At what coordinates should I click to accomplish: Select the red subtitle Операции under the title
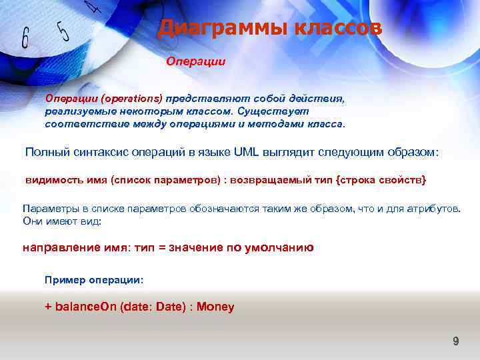coord(195,61)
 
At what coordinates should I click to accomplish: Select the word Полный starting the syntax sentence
coord(45,151)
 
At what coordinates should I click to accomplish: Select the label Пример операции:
coord(93,280)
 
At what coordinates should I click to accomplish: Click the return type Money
coord(215,307)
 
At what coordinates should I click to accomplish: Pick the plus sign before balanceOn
coord(48,307)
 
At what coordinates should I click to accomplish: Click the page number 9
coord(456,341)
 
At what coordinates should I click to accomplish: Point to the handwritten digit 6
coord(25,38)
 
